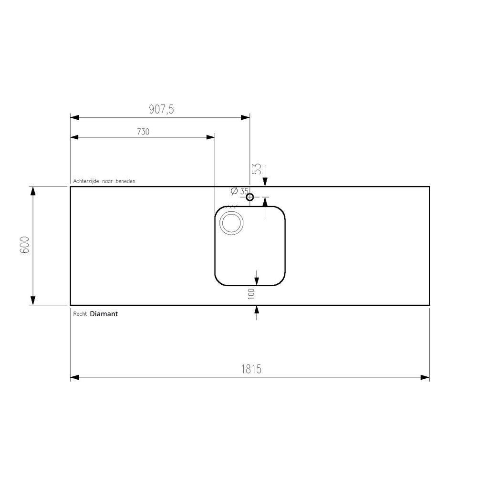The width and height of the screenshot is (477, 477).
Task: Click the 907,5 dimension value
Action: tap(161, 109)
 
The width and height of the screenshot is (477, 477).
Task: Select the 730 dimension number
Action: tap(143, 132)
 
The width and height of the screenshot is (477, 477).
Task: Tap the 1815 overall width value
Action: tap(251, 369)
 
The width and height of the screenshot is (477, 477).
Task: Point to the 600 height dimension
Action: tap(25, 245)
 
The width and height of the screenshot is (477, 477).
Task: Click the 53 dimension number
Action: tap(257, 169)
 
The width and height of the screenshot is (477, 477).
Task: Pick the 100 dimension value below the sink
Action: tap(251, 294)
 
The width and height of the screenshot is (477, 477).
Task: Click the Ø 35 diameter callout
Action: tap(240, 191)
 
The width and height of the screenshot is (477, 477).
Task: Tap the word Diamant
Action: tap(104, 314)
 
